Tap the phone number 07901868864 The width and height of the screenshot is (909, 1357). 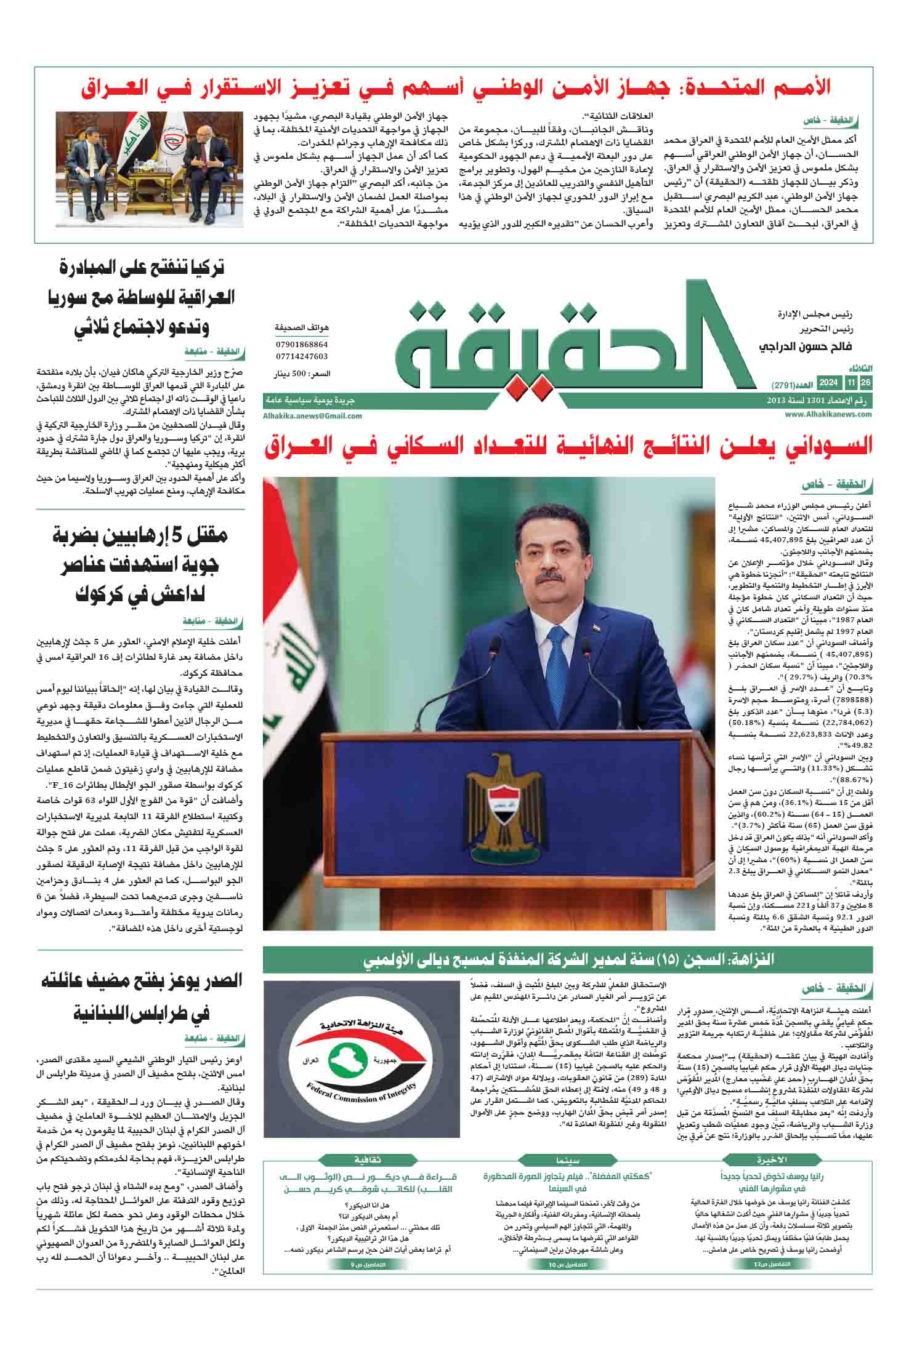point(302,345)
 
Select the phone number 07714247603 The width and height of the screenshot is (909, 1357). point(302,356)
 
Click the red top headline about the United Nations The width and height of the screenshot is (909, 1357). point(456,87)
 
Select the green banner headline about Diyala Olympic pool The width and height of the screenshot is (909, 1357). point(568,959)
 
